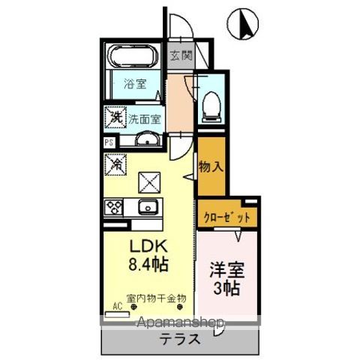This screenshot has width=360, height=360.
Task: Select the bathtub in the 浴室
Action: (132, 56)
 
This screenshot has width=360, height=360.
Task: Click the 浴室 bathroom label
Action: (133, 84)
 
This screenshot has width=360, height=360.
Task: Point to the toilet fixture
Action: (211, 104)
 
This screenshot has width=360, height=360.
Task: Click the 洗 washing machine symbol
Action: (115, 118)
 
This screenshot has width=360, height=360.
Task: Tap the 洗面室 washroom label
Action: (143, 118)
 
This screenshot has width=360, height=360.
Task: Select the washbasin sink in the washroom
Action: (147, 140)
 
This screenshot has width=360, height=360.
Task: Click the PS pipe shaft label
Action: (108, 141)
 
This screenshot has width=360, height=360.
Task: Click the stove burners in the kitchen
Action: (115, 206)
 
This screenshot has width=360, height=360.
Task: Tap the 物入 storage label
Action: (210, 167)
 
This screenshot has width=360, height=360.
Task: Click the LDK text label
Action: (151, 247)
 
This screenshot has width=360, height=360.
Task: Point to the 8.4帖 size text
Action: (150, 264)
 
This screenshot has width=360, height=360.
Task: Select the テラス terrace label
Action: (179, 338)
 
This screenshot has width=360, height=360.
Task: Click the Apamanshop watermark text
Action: (180, 322)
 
